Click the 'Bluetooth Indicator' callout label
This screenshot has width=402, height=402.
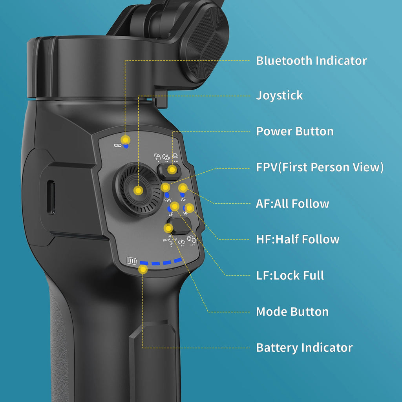tap(311, 61)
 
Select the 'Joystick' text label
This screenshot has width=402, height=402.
tap(280, 95)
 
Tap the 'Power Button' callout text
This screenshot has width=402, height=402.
tap(295, 131)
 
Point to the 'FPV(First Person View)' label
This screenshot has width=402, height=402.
tap(320, 167)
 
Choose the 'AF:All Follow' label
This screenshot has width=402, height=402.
tap(292, 203)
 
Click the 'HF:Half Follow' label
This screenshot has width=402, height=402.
tap(298, 239)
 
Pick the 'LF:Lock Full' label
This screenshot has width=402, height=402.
tap(290, 275)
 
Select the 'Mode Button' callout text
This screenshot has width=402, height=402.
tap(292, 312)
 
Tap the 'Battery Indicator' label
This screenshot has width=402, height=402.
tap(304, 347)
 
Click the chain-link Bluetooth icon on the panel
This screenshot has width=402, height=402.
tap(117, 145)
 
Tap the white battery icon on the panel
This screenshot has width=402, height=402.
tap(132, 261)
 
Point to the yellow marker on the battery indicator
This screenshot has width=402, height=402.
tap(143, 270)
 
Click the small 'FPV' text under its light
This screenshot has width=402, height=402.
tap(168, 200)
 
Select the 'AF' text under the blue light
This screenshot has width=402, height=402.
tap(183, 199)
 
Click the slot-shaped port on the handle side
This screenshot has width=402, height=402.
tap(50, 197)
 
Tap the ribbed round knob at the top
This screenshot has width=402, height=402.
tap(204, 39)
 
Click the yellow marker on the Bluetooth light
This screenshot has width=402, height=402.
tap(125, 140)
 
